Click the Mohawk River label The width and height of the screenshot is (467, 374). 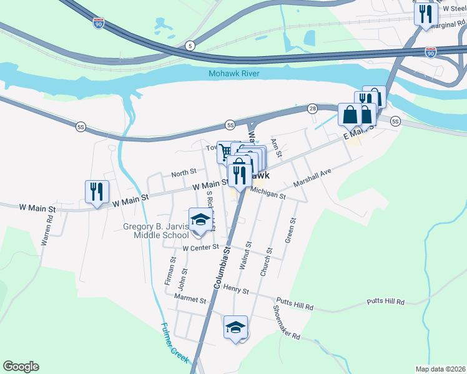pyautogui.click(x=243, y=74)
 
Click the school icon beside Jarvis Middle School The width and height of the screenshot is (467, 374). pyautogui.click(x=200, y=221)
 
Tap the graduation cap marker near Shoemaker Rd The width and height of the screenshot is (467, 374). pyautogui.click(x=235, y=327)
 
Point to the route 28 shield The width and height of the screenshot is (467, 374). pyautogui.click(x=312, y=108)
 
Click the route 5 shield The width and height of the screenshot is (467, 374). pyautogui.click(x=190, y=46)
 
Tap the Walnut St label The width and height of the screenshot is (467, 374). pyautogui.click(x=245, y=256)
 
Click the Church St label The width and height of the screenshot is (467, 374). pyautogui.click(x=267, y=262)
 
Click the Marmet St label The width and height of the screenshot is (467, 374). pyautogui.click(x=190, y=300)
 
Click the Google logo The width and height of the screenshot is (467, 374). pyautogui.click(x=21, y=367)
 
